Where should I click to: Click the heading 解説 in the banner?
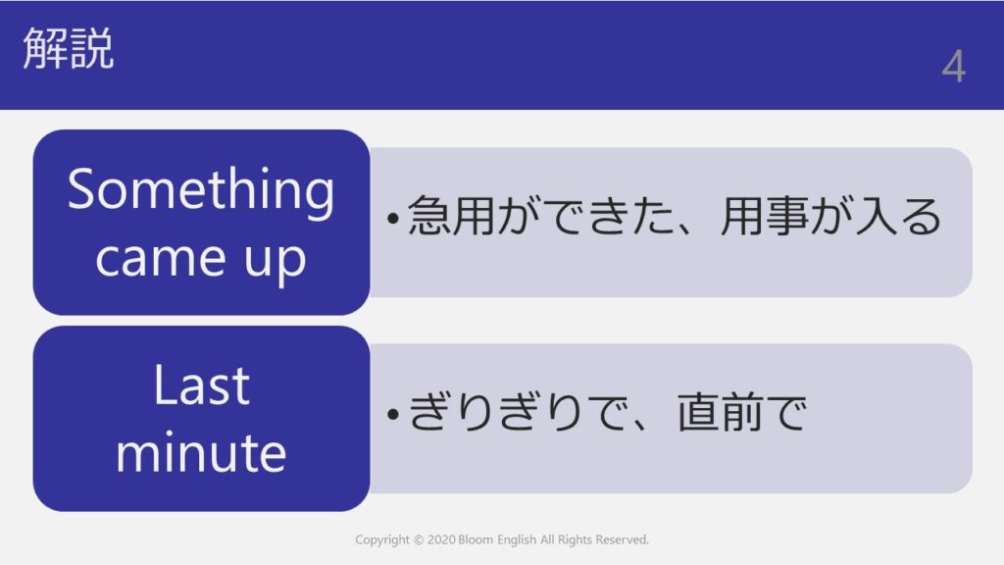coord(69,48)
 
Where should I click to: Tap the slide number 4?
coord(953,67)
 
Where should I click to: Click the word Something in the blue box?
coord(201,190)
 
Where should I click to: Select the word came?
coord(161,258)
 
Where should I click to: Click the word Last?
coord(201,385)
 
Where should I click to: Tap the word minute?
coord(201,452)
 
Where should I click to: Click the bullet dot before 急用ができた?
coord(393,219)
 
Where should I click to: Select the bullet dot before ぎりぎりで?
coord(393,415)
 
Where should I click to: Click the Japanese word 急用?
coord(451,216)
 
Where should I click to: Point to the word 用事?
coord(762,216)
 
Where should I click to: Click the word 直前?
coord(719,412)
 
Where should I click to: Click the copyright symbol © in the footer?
coord(419,540)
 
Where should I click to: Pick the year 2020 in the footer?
coord(441,540)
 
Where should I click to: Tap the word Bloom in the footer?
coord(476,540)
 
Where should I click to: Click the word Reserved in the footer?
coord(623,540)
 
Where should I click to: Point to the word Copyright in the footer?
coord(382,540)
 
